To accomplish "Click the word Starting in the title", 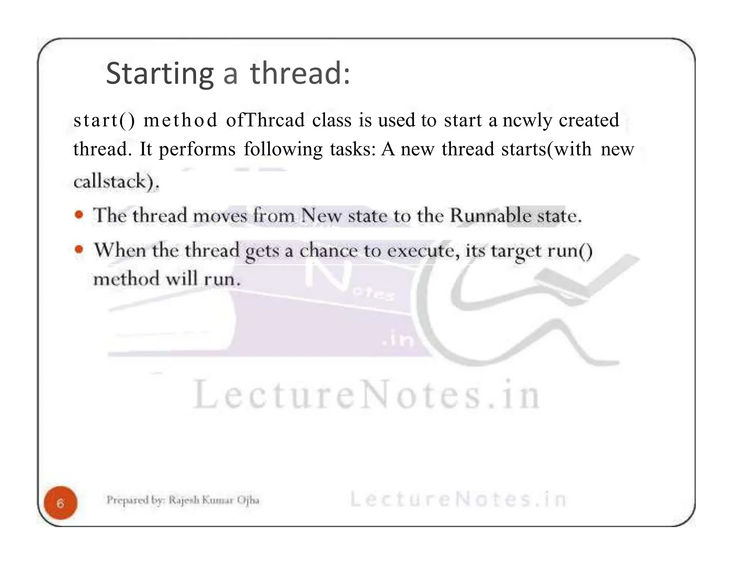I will point(160,74).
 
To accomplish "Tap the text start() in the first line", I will point(104,120).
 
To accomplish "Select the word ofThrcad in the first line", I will point(265,120).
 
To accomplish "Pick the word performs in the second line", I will point(197,150).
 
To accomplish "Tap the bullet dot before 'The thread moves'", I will point(79,215).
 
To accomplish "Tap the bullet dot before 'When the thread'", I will point(79,249).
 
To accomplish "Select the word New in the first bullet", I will point(321,215).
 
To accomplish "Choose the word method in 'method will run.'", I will point(126,279).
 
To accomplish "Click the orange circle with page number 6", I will point(60,503).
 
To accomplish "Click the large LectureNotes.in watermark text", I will point(366,395).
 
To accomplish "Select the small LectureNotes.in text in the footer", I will point(458,499).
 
